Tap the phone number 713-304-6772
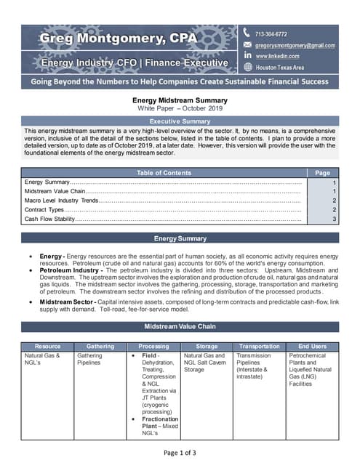[x=270, y=34]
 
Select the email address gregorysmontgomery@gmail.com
[x=295, y=45]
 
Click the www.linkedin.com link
[x=277, y=56]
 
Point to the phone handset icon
[x=247, y=33]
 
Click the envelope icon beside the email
[x=247, y=45]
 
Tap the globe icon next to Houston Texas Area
[x=247, y=67]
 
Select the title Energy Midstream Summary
[x=180, y=100]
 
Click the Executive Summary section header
[x=180, y=121]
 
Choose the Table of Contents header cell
[x=164, y=173]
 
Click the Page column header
[x=322, y=173]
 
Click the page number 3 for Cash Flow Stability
[x=334, y=218]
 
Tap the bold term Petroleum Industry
[x=68, y=270]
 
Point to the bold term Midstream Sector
[x=65, y=301]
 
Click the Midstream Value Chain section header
[x=180, y=326]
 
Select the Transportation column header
[x=259, y=347]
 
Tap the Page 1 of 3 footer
[x=180, y=453]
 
